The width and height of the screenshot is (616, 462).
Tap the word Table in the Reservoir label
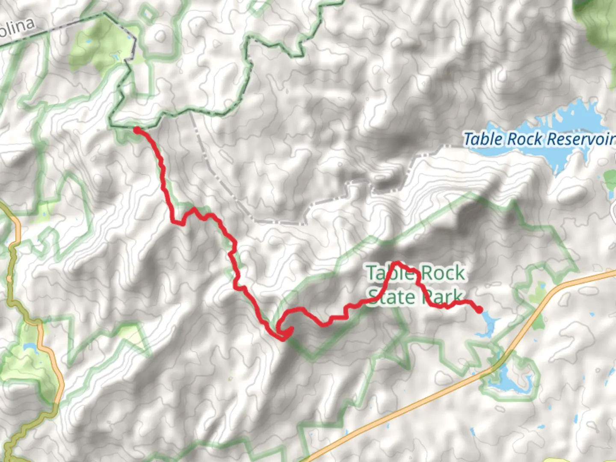click(482, 139)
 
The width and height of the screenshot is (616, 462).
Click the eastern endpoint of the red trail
click(480, 309)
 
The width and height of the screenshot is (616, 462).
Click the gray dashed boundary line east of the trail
click(222, 180)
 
